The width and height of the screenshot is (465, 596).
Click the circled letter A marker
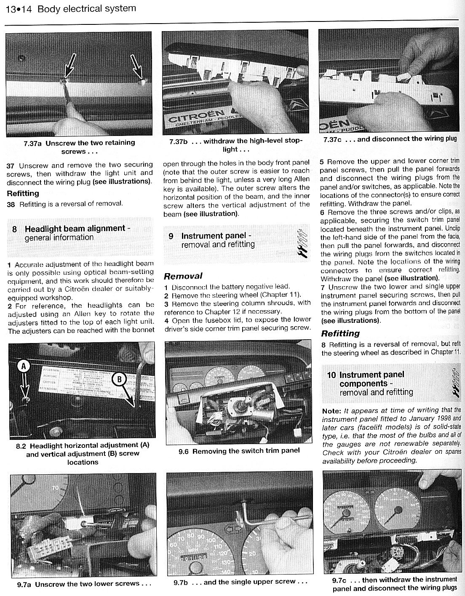coord(24,367)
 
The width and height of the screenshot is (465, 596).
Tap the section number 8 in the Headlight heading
coord(15,229)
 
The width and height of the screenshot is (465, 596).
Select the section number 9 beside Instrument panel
coord(171,236)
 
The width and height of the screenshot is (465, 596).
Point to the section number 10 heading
coord(331,375)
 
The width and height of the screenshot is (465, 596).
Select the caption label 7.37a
coord(32,143)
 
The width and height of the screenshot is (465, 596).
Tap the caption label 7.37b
coord(178,141)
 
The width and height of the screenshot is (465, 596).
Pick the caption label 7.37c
coord(333,139)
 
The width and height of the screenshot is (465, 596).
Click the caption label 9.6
coord(184,451)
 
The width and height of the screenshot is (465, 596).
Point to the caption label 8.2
coord(21,445)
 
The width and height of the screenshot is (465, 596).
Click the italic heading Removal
coord(183,276)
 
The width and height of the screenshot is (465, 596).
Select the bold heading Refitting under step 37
coord(23,194)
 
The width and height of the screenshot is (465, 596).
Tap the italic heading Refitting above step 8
coord(340,333)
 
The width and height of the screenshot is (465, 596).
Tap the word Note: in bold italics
coord(331,410)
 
